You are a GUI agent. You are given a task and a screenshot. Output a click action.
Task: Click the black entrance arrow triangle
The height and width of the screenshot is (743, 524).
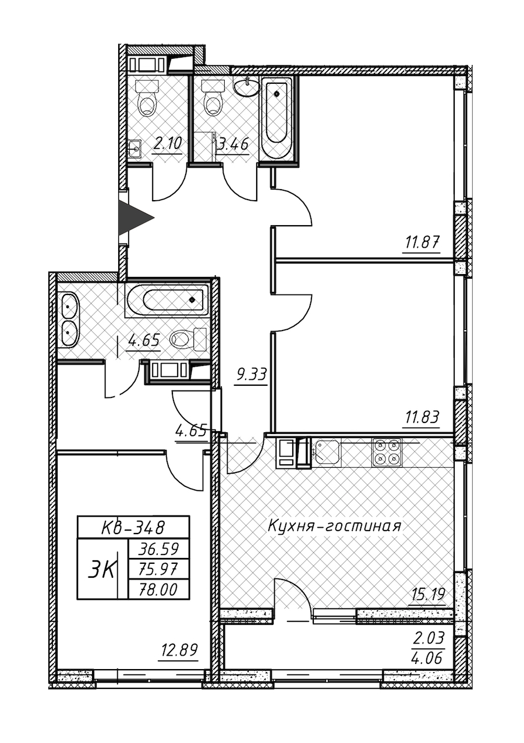coord(133,218)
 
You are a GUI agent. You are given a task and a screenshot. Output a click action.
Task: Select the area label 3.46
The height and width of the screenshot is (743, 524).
coord(233,143)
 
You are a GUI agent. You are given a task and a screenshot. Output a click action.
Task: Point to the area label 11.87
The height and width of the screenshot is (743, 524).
coord(421,241)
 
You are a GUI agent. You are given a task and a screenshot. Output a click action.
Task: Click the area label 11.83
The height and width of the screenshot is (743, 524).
coord(420,417)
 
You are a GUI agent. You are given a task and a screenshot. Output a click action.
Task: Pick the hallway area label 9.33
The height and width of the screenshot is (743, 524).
coord(250,375)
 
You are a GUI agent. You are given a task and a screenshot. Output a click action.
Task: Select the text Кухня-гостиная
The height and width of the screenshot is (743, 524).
coord(334,527)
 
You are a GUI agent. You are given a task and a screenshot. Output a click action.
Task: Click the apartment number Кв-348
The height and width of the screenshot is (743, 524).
coord(133,528)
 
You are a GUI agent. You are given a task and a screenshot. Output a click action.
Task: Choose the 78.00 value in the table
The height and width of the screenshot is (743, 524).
coord(156,590)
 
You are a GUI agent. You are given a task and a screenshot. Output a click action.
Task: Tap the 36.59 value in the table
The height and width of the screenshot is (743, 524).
coord(156,548)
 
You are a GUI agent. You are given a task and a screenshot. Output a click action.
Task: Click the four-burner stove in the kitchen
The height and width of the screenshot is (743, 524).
coord(387,452)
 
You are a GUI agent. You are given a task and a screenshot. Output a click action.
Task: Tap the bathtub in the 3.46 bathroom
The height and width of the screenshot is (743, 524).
coord(277,119)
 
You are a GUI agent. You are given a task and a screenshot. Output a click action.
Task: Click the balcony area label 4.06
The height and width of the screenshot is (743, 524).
coord(429,659)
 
